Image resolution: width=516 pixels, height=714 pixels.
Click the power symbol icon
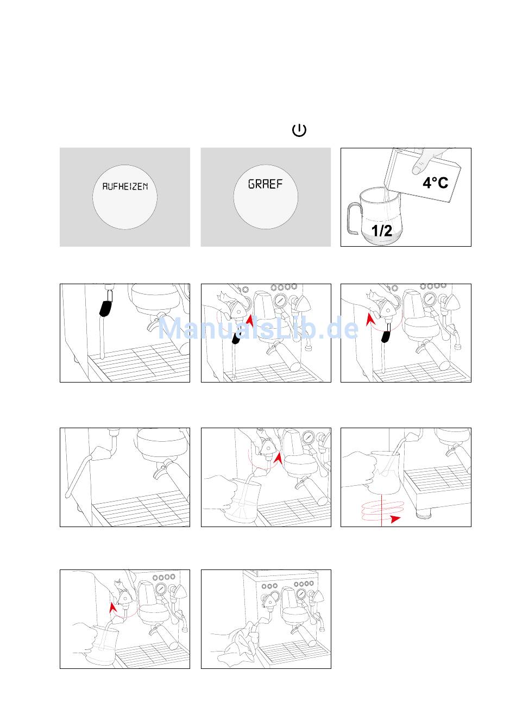pyautogui.click(x=299, y=130)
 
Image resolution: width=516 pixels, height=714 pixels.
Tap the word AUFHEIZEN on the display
pyautogui.click(x=125, y=186)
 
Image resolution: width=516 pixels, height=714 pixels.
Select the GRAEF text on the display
pyautogui.click(x=266, y=184)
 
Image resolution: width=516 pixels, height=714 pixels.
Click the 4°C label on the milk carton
pyautogui.click(x=435, y=183)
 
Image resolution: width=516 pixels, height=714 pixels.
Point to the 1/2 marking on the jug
pyautogui.click(x=381, y=230)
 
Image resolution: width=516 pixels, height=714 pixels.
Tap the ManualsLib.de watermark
pyautogui.click(x=258, y=328)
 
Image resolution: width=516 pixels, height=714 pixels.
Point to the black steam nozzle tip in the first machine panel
pyautogui.click(x=106, y=309)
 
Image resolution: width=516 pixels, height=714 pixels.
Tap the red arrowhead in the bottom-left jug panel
pyautogui.click(x=112, y=607)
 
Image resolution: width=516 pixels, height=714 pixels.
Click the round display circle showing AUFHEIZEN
pyautogui.click(x=125, y=197)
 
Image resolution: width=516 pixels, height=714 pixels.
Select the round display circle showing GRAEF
pyautogui.click(x=266, y=197)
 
